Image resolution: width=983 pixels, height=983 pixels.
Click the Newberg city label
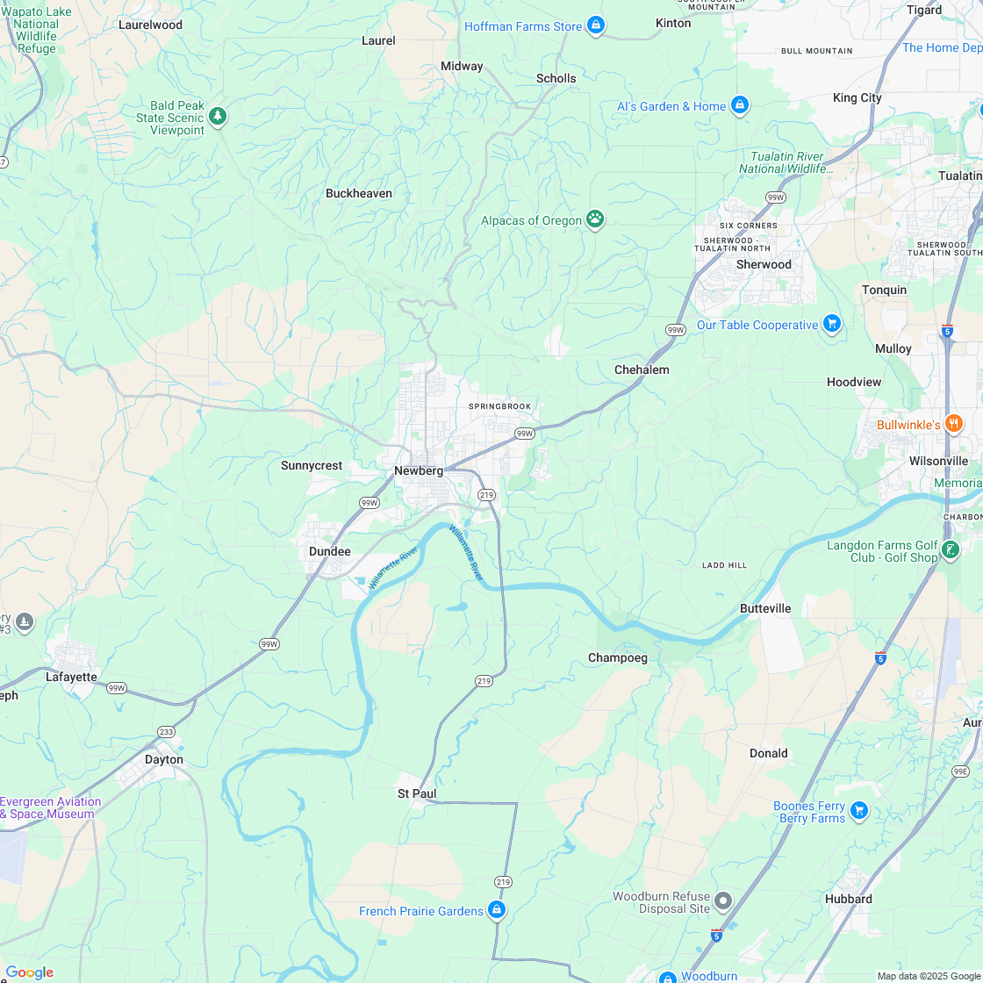pos(419,470)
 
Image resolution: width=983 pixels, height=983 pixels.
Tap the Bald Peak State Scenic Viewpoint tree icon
pos(218,116)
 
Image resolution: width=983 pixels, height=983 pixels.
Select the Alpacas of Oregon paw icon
pos(596,219)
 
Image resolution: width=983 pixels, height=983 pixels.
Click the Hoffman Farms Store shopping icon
pos(596,25)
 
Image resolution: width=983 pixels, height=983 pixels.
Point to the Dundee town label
pos(329,551)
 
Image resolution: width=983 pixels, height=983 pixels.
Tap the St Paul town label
pos(417,793)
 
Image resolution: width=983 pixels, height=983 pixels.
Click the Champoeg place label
pos(618,657)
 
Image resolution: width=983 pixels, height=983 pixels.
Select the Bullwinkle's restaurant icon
pos(954,424)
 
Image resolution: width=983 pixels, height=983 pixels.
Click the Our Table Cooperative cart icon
pos(832,324)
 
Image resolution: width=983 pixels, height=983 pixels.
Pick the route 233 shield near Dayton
pos(167,731)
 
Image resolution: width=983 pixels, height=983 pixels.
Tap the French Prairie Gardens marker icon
pos(497,910)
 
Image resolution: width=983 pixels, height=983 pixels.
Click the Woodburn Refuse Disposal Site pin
pos(723,901)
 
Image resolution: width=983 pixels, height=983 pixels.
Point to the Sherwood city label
pos(764,264)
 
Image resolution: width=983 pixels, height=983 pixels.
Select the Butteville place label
pos(765,608)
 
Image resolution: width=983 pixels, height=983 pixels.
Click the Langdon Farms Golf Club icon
pos(951,550)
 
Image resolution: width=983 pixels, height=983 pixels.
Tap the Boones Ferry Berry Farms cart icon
pos(859,811)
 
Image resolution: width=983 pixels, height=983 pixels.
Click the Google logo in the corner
pos(29,972)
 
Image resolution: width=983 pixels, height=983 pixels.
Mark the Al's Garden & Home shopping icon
pos(740,105)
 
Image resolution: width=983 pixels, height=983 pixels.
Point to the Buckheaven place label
pos(359,193)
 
